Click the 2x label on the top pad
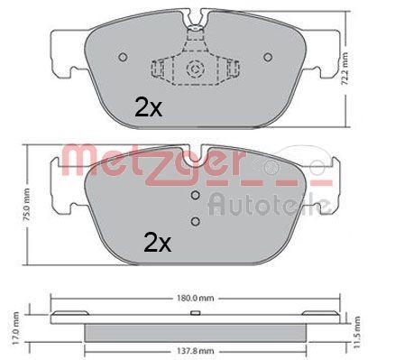pyautogui.click(x=147, y=108)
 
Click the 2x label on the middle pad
pyautogui.click(x=157, y=242)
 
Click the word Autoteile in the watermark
pyautogui.click(x=262, y=202)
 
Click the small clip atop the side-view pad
pyautogui.click(x=195, y=314)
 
